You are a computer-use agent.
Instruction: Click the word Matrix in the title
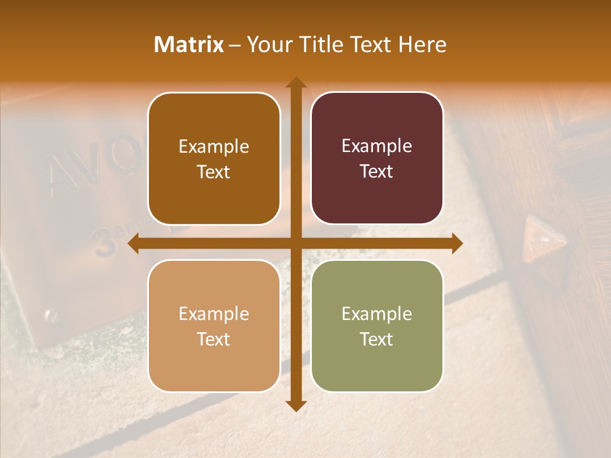[189, 45]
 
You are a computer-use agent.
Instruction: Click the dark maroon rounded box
[377, 158]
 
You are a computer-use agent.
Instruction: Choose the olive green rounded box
[377, 326]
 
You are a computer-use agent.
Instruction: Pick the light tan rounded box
[214, 326]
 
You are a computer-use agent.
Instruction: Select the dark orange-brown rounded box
[214, 158]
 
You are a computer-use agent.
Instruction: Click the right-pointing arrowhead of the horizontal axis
[456, 243]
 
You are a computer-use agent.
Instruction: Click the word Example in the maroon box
[377, 146]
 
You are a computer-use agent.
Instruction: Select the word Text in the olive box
[377, 339]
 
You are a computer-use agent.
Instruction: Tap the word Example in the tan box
[214, 314]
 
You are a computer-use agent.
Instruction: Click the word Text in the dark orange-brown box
[214, 172]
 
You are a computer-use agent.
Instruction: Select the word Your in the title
[267, 45]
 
